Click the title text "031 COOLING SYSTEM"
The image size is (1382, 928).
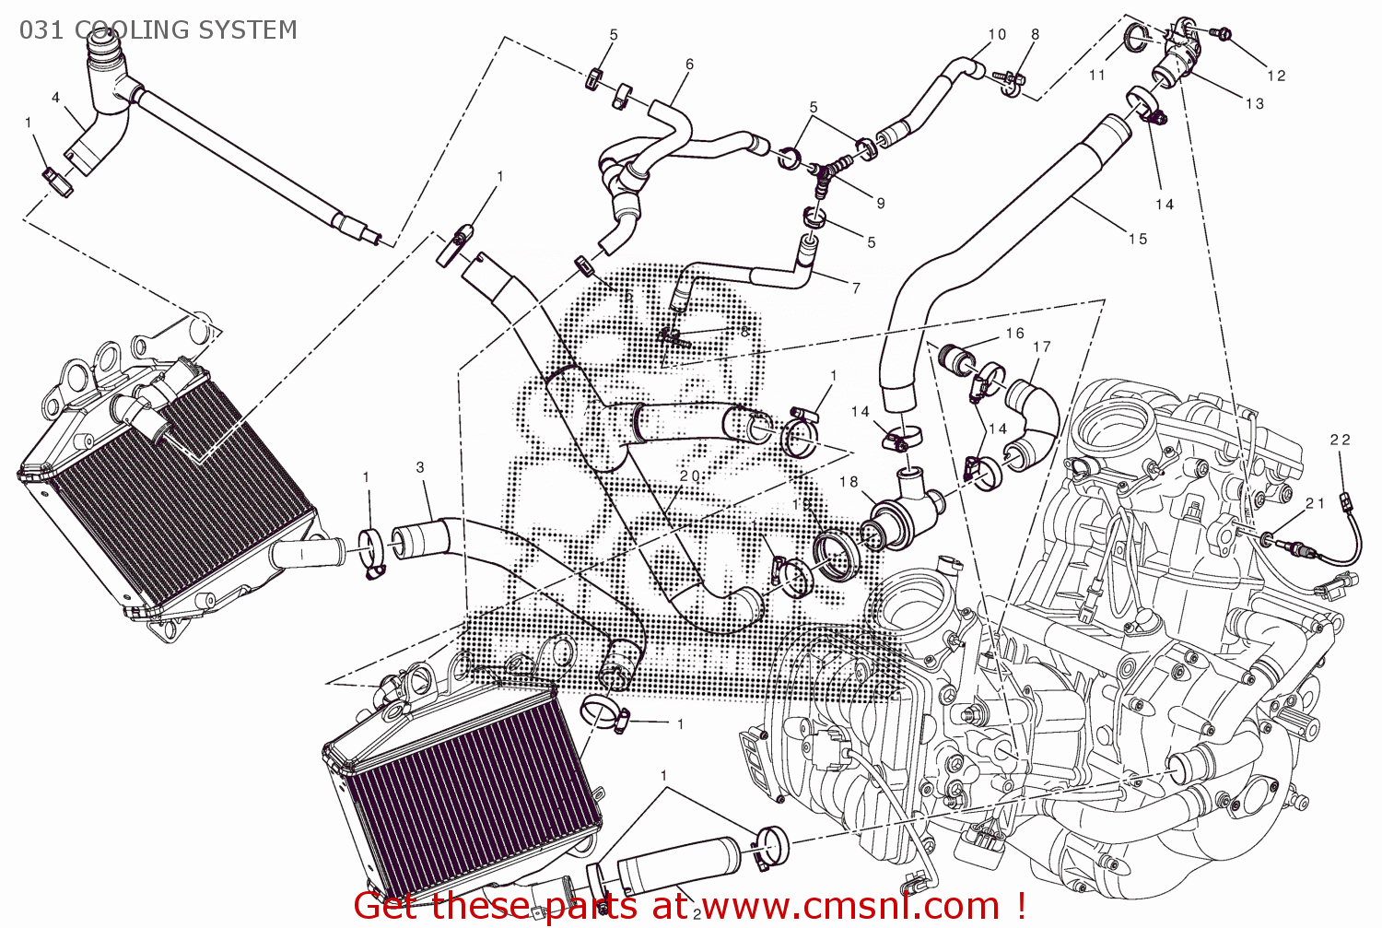point(158,29)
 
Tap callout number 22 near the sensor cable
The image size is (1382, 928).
point(1341,440)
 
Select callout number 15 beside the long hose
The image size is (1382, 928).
point(1138,239)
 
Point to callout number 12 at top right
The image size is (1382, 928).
point(1276,76)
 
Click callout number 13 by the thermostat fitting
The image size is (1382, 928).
point(1255,103)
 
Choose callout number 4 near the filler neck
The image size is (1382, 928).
point(56,98)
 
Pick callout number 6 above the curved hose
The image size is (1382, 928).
point(689,64)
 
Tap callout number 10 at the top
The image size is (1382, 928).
point(997,34)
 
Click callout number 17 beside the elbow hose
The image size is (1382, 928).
point(1042,347)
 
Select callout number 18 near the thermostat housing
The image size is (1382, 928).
point(849,482)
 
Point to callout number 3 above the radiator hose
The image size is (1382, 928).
point(420,467)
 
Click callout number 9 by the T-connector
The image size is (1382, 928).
point(881,203)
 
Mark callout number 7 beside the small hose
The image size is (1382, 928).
point(856,288)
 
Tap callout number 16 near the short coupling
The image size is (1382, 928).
point(1014,333)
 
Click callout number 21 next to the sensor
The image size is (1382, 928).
point(1315,503)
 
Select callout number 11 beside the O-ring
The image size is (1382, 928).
point(1096,75)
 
